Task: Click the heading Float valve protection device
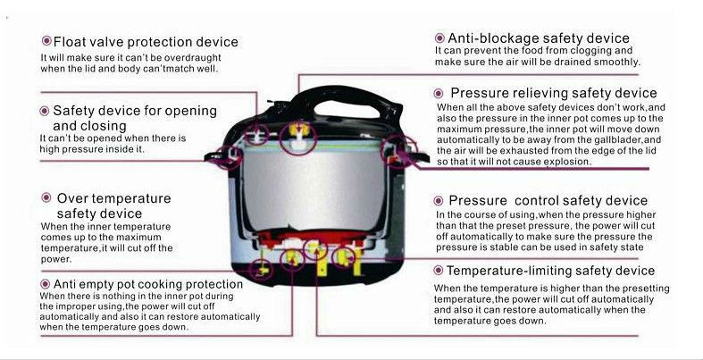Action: pyautogui.click(x=146, y=42)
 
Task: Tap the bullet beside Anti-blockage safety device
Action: pyautogui.click(x=439, y=38)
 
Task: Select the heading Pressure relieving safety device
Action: pyautogui.click(x=554, y=93)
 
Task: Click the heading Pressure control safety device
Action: pyautogui.click(x=548, y=200)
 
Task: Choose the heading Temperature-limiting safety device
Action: pyautogui.click(x=550, y=271)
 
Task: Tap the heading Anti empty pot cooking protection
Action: pyautogui.click(x=148, y=284)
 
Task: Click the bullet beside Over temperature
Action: pyautogui.click(x=46, y=197)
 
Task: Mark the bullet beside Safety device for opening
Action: pyautogui.click(x=45, y=111)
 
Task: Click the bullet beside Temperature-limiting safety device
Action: pyautogui.click(x=439, y=271)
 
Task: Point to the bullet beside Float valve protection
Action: pyautogui.click(x=46, y=41)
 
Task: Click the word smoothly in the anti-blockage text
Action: pyautogui.click(x=616, y=62)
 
